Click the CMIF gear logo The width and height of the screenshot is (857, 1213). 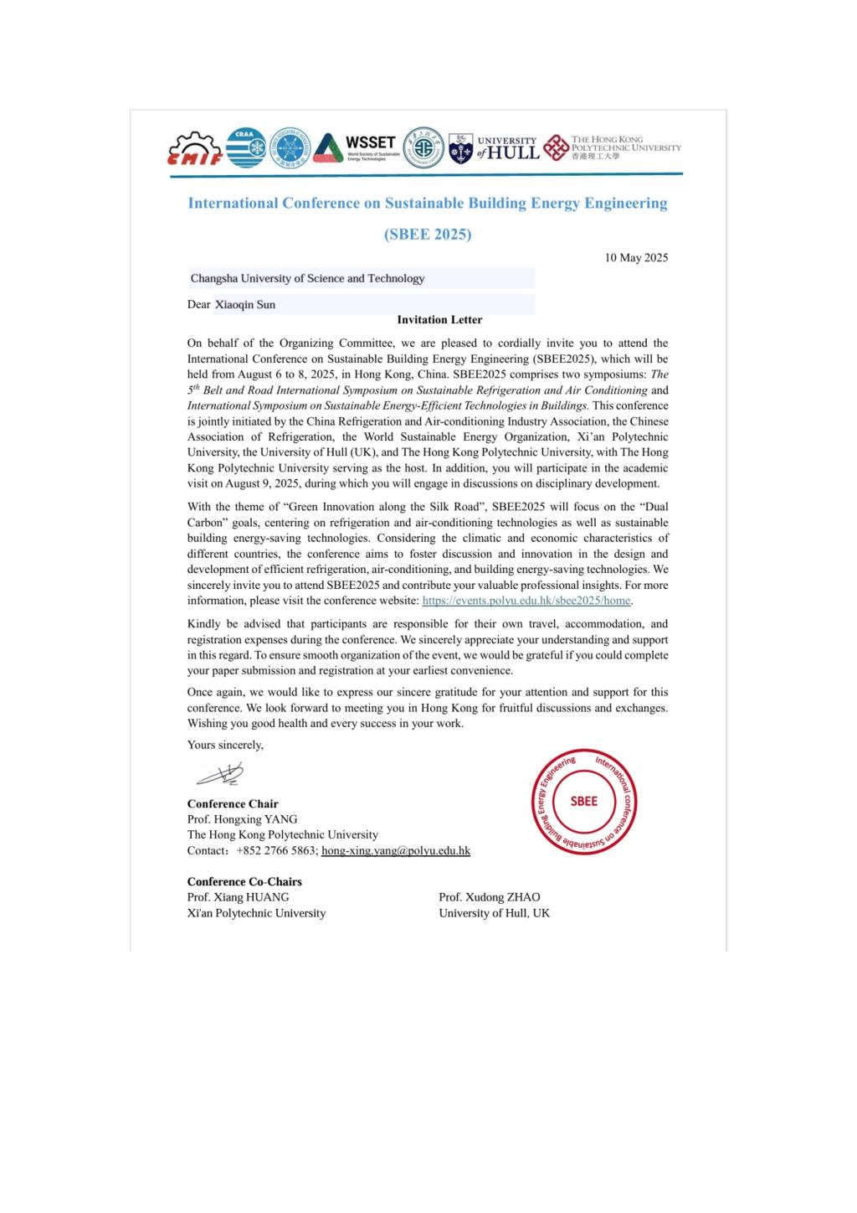coord(195,149)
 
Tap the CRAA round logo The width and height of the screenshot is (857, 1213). coord(246,148)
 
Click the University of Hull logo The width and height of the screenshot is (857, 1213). coord(494,147)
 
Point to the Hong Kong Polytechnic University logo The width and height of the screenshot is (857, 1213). coord(613,147)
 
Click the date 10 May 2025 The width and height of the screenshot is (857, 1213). coord(636,257)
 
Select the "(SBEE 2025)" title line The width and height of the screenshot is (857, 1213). coord(428,235)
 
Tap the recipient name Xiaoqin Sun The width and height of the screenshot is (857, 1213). coord(244,304)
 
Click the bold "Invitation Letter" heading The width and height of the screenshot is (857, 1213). coord(439,319)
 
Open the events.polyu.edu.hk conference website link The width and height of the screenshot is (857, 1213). coord(526,601)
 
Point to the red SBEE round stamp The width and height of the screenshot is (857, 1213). coord(583,802)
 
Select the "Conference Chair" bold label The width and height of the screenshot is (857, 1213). coord(233,803)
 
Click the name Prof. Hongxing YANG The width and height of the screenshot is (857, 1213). coord(242,819)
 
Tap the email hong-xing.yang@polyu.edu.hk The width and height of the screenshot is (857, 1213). coord(396,850)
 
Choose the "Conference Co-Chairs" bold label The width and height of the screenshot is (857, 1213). coord(244,881)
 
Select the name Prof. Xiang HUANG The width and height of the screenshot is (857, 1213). coord(238,897)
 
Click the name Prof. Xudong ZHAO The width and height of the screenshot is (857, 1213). coord(490,897)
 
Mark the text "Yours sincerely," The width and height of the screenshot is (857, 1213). coord(225,745)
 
